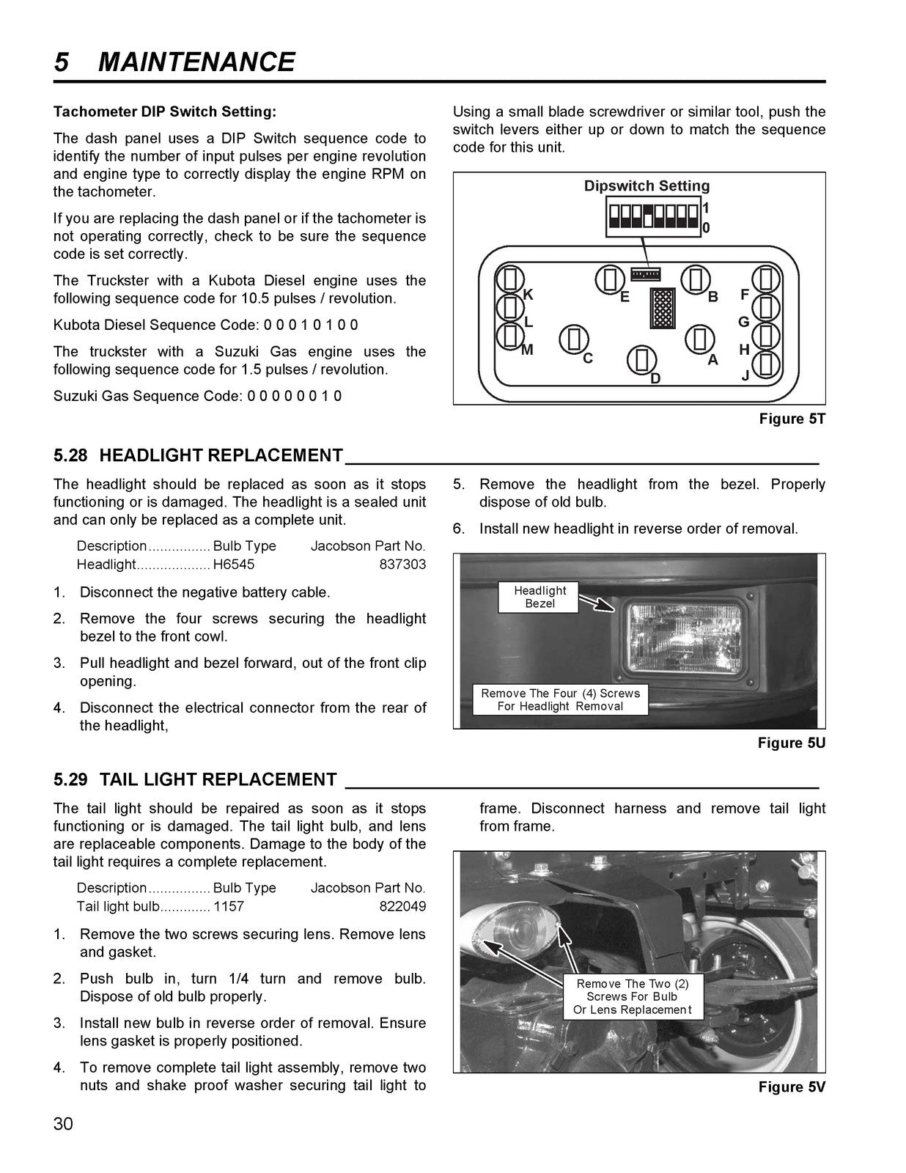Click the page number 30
63,1123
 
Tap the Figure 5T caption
792,419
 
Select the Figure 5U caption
792,743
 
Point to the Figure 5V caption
792,1086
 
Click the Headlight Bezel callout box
539,597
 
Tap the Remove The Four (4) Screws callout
560,699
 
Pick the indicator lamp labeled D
641,360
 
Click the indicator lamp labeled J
766,364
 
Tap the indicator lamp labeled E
611,279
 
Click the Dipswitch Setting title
647,185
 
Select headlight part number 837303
402,565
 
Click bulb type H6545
234,565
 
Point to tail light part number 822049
402,906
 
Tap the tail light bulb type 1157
228,906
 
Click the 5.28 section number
70,455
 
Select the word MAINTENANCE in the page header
196,62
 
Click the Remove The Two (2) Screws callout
633,996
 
